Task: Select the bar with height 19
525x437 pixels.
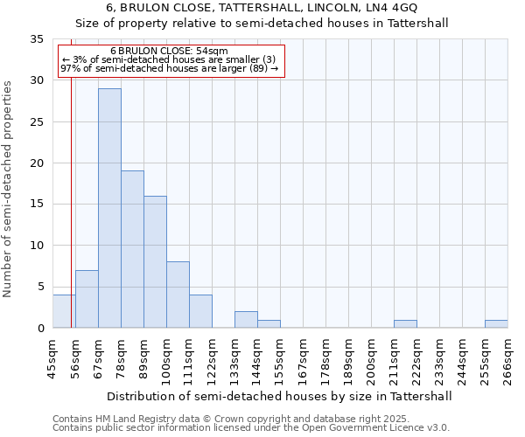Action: point(132,249)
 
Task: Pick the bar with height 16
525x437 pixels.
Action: point(155,261)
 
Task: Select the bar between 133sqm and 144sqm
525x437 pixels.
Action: point(246,320)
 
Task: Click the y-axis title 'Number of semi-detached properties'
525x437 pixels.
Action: point(8,188)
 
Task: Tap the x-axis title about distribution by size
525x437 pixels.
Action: point(279,396)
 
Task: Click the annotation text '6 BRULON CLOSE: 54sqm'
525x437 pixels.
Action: point(169,51)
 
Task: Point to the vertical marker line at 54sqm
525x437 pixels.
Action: point(71,218)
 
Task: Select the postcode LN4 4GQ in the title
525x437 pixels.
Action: point(391,8)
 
